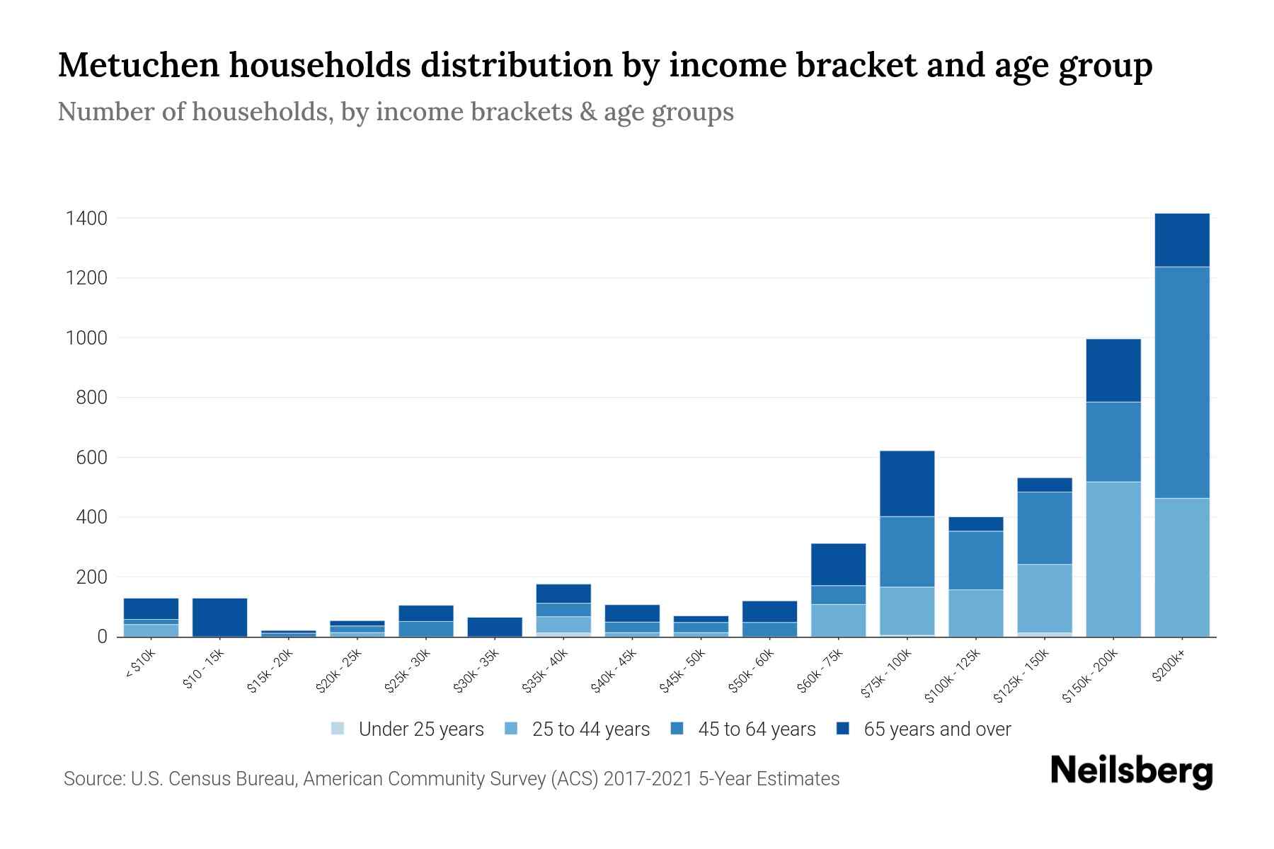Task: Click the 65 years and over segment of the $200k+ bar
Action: pos(1181,240)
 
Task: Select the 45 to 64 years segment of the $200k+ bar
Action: pos(1181,382)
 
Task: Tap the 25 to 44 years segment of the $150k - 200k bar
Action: pos(1113,559)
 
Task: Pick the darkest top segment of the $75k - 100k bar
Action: pos(907,483)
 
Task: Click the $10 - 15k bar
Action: pos(219,617)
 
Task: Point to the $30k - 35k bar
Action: pos(495,627)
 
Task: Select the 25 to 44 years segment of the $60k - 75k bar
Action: pos(838,620)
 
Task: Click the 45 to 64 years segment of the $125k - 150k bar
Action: pos(1044,528)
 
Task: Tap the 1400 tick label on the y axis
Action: pos(86,219)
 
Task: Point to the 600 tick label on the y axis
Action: pos(91,458)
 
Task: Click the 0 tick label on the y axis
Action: pos(103,637)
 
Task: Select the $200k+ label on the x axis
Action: pos(1169,667)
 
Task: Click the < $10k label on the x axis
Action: pos(140,665)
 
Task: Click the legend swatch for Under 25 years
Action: pos(338,729)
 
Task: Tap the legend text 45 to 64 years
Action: pos(756,729)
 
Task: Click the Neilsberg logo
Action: pos(1131,771)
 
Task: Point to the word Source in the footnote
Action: pos(93,779)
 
